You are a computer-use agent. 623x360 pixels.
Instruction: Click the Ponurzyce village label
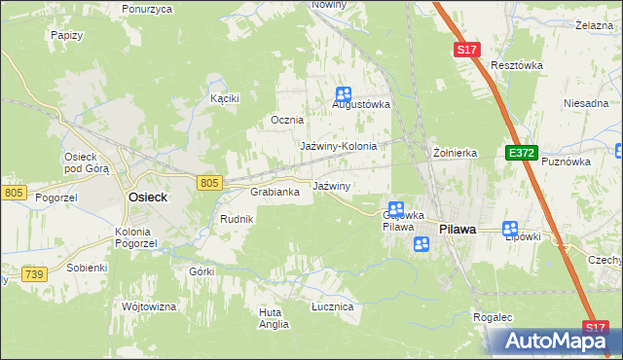coord(148,8)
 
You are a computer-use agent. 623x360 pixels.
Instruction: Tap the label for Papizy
coord(65,34)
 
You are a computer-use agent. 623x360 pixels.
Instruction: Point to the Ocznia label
coord(287,120)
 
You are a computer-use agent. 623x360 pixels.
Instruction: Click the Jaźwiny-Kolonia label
coord(338,146)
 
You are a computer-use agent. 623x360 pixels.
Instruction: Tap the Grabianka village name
coord(281,192)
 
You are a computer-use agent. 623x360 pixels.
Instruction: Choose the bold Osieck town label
coord(148,197)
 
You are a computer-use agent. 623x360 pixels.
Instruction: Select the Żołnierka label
coord(455,153)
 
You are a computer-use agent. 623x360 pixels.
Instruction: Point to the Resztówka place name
coord(517,65)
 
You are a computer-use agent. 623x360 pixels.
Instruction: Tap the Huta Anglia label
coord(274,318)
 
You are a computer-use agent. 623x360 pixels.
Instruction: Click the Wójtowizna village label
coord(149,306)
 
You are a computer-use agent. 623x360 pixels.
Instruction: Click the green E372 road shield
coord(520,154)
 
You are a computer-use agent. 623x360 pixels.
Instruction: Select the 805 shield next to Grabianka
coord(209,183)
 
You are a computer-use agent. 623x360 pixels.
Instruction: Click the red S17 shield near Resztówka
coord(468,49)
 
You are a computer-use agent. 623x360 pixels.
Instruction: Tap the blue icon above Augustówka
coord(343,94)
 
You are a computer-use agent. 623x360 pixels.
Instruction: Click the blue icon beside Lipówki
coord(510,230)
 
